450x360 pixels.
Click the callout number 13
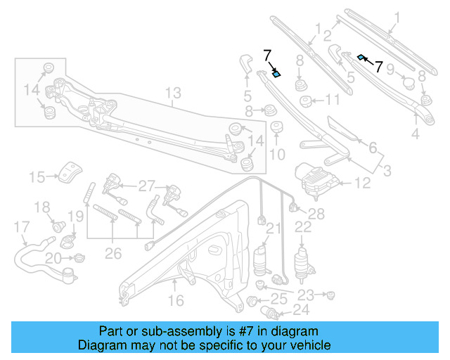(x=173, y=93)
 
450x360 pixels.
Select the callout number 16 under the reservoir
(x=176, y=301)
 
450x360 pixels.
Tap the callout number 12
(x=361, y=184)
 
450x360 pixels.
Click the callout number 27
(x=146, y=186)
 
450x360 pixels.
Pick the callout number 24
(x=300, y=309)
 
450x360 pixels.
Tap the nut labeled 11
(x=307, y=101)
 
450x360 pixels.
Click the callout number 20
(x=53, y=259)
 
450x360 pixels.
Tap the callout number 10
(x=276, y=154)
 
